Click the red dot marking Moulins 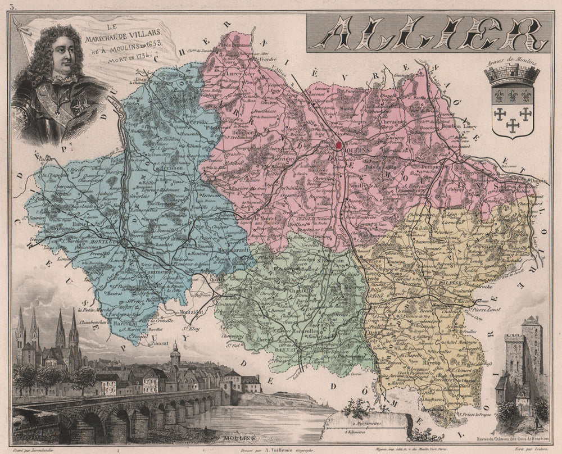(339, 146)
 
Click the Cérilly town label (197, 122)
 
